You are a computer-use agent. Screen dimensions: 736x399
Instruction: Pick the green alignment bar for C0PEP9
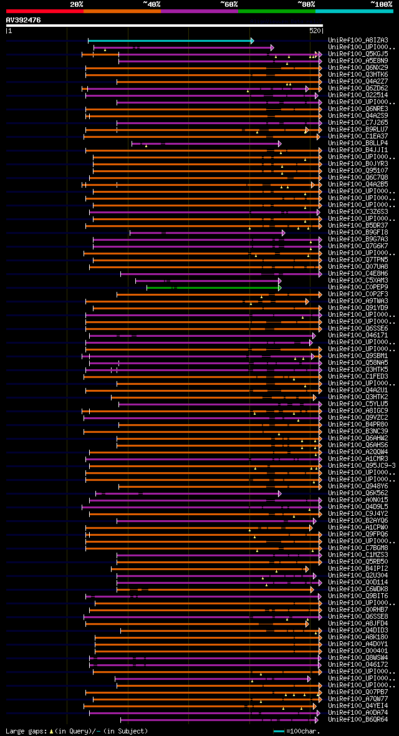213,288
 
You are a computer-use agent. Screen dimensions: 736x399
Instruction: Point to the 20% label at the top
77,4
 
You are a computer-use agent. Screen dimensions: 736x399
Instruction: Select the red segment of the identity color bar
44,11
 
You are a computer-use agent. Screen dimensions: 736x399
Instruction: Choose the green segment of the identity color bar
276,11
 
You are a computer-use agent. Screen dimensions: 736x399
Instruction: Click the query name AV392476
24,20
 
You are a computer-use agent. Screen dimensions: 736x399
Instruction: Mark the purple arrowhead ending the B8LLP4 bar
280,144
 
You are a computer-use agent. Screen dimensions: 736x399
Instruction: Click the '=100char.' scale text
301,731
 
